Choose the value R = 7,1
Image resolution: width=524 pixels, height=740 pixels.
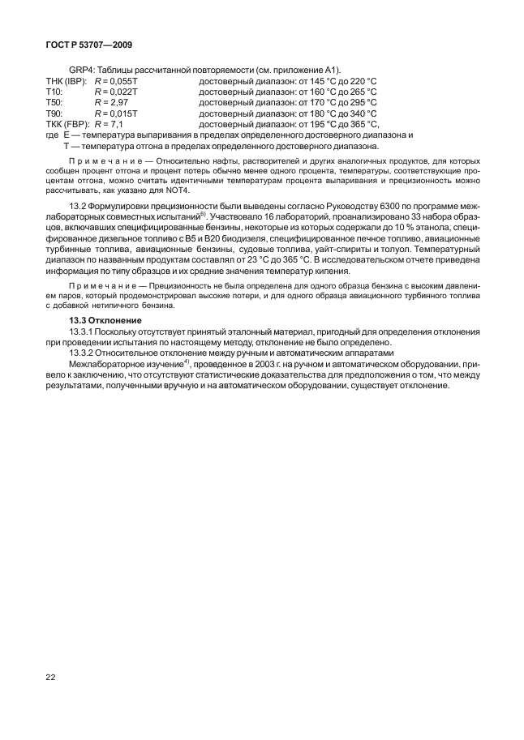click(109, 125)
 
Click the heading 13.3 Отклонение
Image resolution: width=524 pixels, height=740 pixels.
click(105, 322)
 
